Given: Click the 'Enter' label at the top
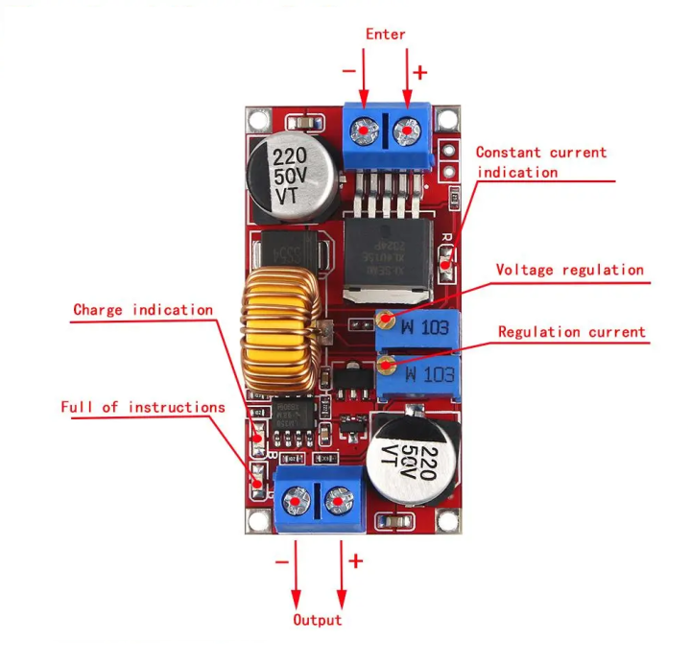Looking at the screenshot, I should (386, 35).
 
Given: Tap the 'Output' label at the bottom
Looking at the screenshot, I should (317, 620).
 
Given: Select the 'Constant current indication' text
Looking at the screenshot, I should (540, 162).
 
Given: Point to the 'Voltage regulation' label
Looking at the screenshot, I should (569, 270).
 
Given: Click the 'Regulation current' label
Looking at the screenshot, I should (571, 332).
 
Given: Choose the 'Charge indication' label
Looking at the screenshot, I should (143, 310).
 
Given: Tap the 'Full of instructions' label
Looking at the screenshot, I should (143, 407).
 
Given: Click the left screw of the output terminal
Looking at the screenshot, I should (297, 500).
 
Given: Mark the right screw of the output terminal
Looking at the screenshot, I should (338, 500).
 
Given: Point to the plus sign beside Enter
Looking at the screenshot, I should (419, 72).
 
